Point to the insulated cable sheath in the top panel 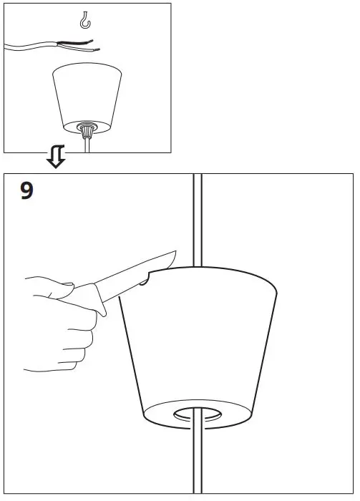pyautogui.click(x=36, y=47)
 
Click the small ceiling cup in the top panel pyautogui.click(x=87, y=97)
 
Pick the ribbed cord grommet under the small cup pyautogui.click(x=87, y=131)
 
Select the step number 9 pyautogui.click(x=26, y=192)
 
